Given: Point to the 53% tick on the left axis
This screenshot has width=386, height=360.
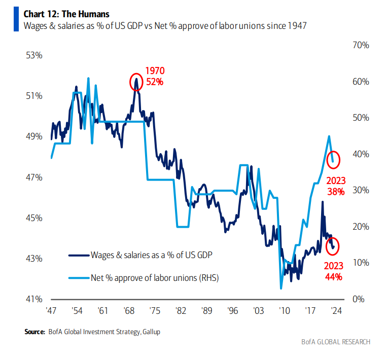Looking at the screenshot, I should (34, 55).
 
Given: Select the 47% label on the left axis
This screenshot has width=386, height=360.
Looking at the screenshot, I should (34, 177).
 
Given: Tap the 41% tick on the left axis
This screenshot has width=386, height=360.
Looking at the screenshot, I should (34, 299).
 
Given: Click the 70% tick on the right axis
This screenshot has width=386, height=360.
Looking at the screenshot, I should (361, 45).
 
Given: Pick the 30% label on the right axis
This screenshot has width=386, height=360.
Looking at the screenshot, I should (361, 190).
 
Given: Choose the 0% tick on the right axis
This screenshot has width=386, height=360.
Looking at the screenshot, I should (359, 299).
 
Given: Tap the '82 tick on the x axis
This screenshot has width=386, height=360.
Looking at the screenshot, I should (179, 310).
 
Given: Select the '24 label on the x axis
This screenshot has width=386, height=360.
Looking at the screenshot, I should (335, 310).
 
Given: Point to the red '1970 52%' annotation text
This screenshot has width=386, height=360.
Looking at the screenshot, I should (155, 76).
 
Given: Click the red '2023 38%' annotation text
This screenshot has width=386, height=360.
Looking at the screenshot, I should (335, 186).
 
